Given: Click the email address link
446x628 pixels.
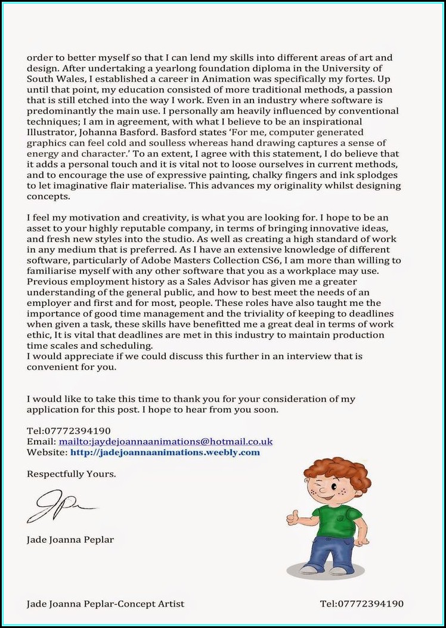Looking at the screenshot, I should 165,441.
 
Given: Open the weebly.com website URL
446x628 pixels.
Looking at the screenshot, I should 165,452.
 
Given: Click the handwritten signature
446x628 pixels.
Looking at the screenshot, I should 60,506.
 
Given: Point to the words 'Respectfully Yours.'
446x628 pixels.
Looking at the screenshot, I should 72,474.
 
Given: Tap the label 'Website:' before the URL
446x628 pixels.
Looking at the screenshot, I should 47,452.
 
